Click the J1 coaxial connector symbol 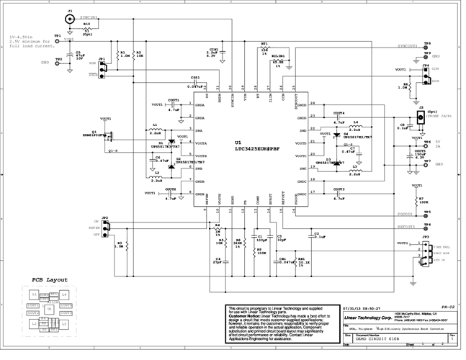click(69, 20)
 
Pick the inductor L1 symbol click(156, 128)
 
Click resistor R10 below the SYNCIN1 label click(87, 28)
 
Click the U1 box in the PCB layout click(49, 309)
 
